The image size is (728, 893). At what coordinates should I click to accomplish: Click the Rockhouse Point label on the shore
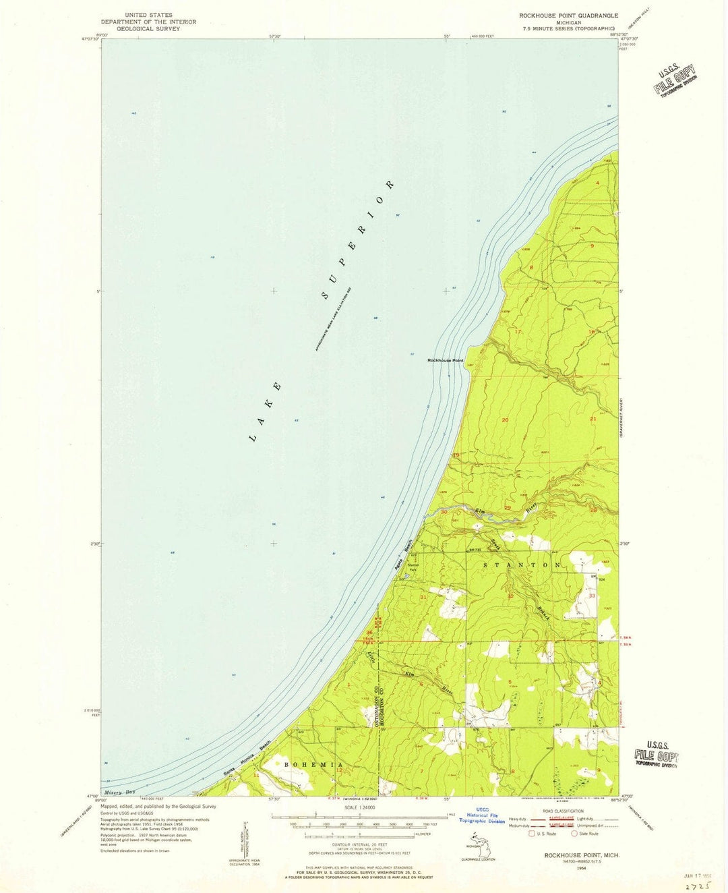click(446, 360)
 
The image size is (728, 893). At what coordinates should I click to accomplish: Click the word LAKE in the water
click(266, 413)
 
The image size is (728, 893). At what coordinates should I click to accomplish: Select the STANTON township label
click(522, 564)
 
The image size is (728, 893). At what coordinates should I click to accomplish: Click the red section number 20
click(505, 420)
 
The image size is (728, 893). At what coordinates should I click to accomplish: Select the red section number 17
click(518, 332)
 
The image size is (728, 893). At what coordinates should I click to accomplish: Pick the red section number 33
click(592, 596)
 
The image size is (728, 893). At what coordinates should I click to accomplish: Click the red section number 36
click(369, 632)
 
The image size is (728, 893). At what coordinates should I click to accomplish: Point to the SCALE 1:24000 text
click(359, 807)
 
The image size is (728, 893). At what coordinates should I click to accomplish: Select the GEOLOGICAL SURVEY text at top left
click(148, 29)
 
